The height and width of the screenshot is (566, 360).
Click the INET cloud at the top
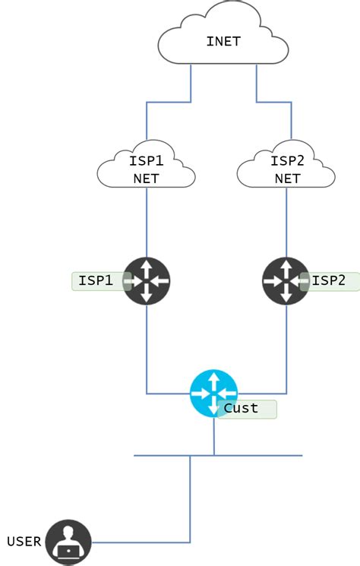coord(223,38)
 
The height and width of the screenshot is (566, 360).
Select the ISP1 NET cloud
coord(147,169)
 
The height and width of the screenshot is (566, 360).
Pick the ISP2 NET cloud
coord(286,169)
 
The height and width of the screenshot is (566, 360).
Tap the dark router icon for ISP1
coord(147,281)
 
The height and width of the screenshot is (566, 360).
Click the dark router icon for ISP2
coord(286,281)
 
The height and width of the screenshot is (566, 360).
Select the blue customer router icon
coord(213,394)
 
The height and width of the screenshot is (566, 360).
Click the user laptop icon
coord(68,542)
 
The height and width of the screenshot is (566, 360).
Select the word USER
coord(24,542)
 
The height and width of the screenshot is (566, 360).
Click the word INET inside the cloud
coord(223,41)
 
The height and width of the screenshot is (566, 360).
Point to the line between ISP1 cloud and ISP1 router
coord(147,224)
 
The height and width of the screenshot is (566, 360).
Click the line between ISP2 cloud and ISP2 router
coord(286,224)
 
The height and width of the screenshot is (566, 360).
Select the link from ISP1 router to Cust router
coord(147,349)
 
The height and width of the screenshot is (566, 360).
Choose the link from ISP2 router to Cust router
coord(286,349)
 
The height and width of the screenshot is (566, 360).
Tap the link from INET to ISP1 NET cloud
coord(167,102)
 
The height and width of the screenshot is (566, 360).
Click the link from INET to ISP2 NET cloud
coord(273,102)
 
